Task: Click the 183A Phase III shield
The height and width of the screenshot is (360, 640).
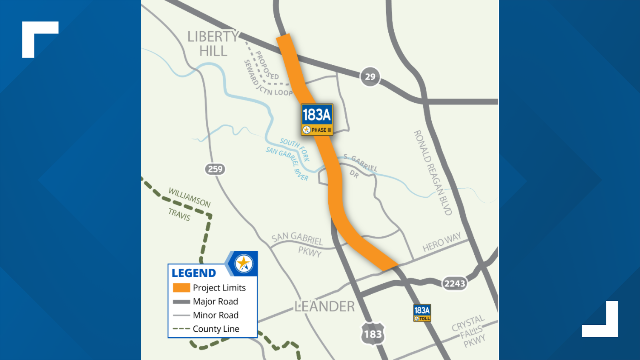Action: [x=317, y=119]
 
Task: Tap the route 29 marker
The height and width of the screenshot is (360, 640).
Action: [x=370, y=77]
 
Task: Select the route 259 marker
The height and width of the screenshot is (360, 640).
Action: [x=215, y=169]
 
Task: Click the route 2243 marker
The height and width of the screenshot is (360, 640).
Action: [x=454, y=284]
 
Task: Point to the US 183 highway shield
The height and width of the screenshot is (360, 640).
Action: [x=373, y=334]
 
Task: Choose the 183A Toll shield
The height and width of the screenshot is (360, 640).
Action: [x=422, y=313]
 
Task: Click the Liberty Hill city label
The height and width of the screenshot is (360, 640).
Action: [x=213, y=44]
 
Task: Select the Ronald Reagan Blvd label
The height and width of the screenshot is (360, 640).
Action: [x=433, y=173]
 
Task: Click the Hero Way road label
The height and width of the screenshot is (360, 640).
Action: [x=442, y=242]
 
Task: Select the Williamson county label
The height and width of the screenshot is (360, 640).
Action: [x=189, y=197]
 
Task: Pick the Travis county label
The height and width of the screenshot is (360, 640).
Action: [x=179, y=214]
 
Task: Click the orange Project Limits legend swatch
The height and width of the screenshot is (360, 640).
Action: [x=181, y=288]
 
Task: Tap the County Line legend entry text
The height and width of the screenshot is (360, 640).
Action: [x=216, y=329]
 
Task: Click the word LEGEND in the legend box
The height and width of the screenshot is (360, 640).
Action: [x=194, y=273]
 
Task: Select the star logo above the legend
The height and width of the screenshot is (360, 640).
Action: [x=244, y=264]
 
